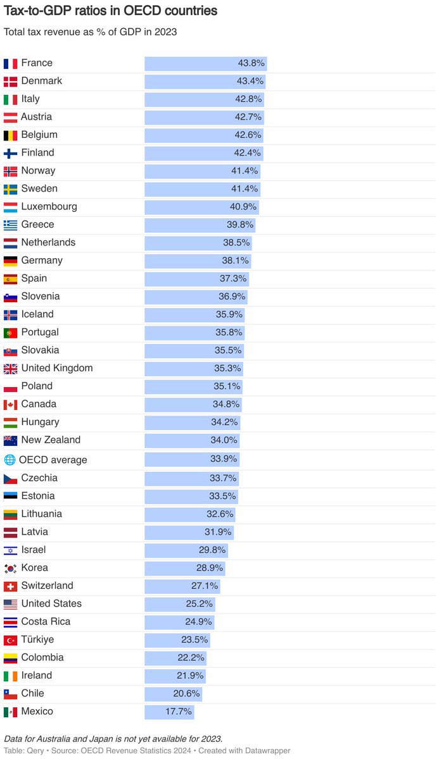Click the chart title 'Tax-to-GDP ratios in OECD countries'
110,11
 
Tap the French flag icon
10,63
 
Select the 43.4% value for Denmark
250,81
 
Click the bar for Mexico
169,712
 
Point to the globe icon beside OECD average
10,460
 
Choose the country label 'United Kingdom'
57,368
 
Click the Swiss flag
10,586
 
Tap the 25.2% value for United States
200,603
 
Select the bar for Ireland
175,676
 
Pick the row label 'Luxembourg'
49,206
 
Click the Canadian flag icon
10,404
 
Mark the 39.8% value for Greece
240,225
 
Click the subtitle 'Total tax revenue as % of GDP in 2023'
90,32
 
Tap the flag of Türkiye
10,640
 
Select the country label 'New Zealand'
51,440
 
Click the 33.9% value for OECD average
224,460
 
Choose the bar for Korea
184,568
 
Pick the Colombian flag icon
10,658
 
